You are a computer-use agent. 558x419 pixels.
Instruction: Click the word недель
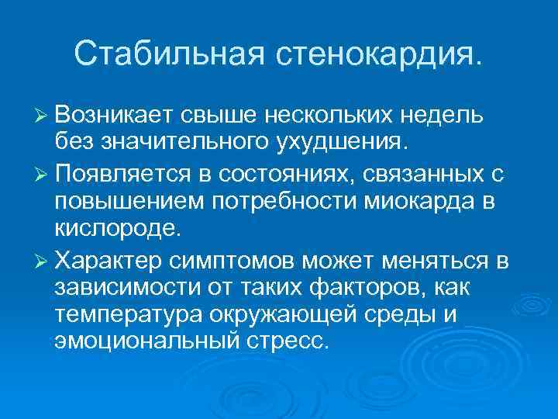click(443, 116)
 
